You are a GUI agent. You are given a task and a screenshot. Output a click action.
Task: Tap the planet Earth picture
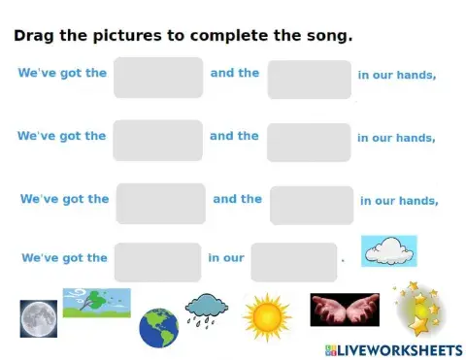[x=158, y=328]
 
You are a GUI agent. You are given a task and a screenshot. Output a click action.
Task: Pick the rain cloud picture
[x=207, y=311]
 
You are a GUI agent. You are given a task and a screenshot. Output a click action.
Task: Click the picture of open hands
[x=344, y=310]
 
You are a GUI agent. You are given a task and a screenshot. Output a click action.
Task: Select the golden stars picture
[x=420, y=310]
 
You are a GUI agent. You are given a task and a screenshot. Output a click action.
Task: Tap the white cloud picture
[x=389, y=250]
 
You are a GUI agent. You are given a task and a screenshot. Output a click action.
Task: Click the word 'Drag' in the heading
[x=34, y=37]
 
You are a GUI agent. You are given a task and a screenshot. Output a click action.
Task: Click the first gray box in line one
[x=158, y=78]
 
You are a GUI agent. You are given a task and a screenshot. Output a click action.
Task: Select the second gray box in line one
[x=309, y=80]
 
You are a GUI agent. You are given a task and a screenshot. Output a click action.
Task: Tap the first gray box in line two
[x=157, y=141]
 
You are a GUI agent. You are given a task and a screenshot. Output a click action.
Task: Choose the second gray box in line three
[x=312, y=205]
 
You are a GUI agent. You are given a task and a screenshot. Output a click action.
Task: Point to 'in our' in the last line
[x=226, y=258]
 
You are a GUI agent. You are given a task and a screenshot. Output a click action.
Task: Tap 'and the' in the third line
[x=237, y=199]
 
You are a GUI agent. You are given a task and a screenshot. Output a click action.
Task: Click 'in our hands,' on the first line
[x=396, y=75]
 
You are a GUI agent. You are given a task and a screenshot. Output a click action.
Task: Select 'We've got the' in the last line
[x=64, y=258]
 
